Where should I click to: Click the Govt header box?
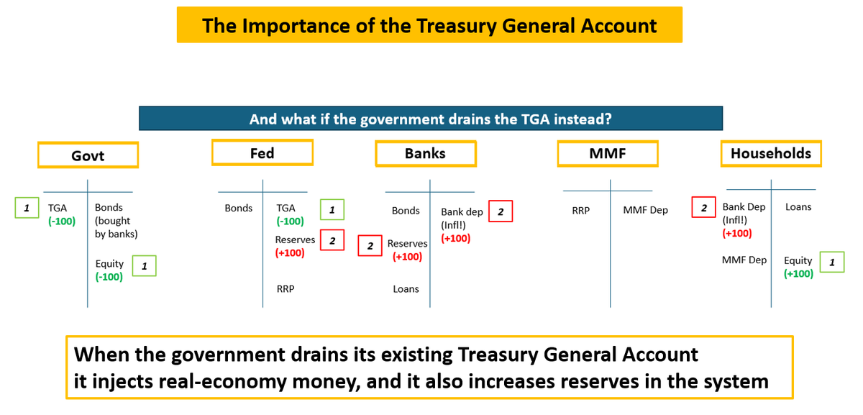pyautogui.click(x=88, y=155)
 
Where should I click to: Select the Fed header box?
pyautogui.click(x=262, y=152)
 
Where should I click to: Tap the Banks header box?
pyautogui.click(x=425, y=153)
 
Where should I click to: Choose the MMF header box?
pyautogui.click(x=607, y=153)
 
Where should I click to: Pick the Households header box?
pyautogui.click(x=770, y=153)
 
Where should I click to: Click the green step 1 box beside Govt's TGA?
pyautogui.click(x=27, y=208)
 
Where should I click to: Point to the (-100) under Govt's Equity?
pyautogui.click(x=109, y=276)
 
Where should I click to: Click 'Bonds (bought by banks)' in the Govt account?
pyautogui.click(x=112, y=221)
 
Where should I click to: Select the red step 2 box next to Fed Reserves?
pyautogui.click(x=332, y=240)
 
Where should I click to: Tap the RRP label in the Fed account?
pyautogui.click(x=286, y=289)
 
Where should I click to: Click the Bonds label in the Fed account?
pyautogui.click(x=238, y=209)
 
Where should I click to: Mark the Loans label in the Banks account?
pyautogui.click(x=406, y=289)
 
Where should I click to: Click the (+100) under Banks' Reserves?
pyautogui.click(x=406, y=257)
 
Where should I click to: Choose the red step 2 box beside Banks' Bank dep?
pyautogui.click(x=501, y=211)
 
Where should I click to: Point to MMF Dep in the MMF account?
pyautogui.click(x=645, y=210)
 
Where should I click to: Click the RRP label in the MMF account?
pyautogui.click(x=580, y=211)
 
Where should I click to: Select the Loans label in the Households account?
pyautogui.click(x=798, y=207)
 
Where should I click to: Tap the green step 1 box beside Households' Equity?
pyautogui.click(x=832, y=262)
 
